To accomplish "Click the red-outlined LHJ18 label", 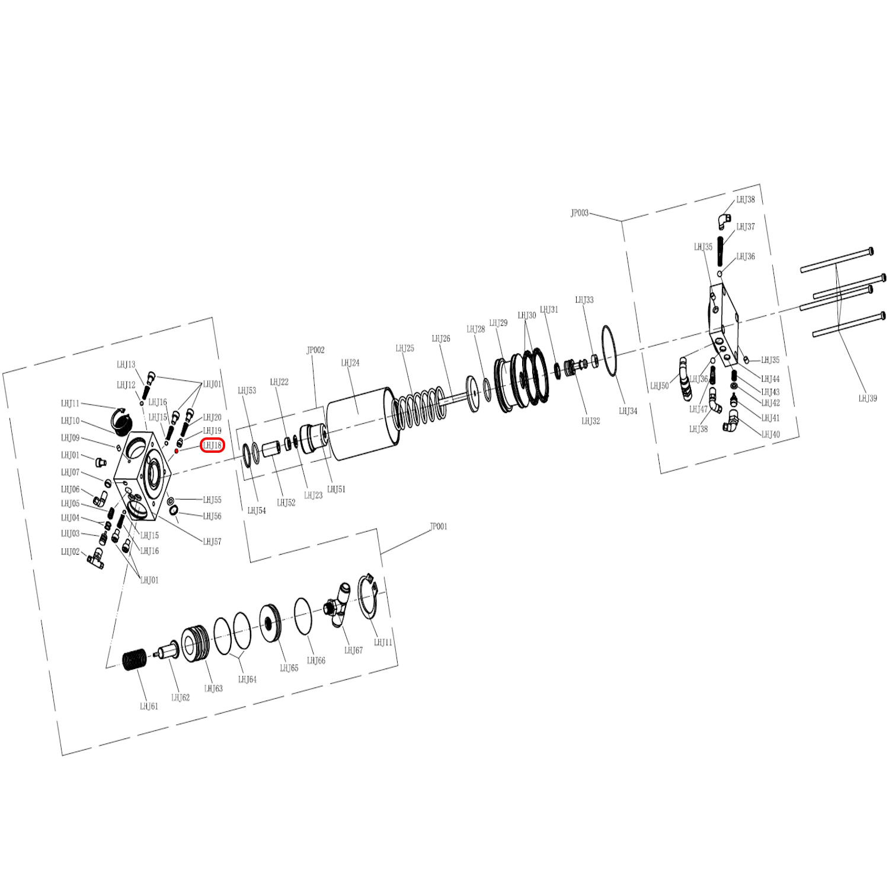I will [x=212, y=446].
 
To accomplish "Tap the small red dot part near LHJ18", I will [x=176, y=452].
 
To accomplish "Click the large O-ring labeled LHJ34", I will [x=610, y=350].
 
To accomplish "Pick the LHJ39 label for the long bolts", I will [x=868, y=398].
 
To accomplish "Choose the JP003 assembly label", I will [x=580, y=213].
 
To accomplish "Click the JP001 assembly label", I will [x=439, y=527].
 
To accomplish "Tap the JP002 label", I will [x=315, y=350].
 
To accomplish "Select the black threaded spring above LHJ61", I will [x=135, y=660].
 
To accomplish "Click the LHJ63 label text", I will [x=213, y=689].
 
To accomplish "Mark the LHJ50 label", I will [x=659, y=386].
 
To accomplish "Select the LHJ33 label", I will [x=584, y=300].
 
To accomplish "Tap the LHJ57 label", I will [x=212, y=542].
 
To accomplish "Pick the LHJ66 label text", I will [x=316, y=661].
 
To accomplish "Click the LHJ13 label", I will [x=126, y=365].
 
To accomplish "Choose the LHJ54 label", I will [x=257, y=511].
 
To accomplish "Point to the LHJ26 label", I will [x=441, y=339].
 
